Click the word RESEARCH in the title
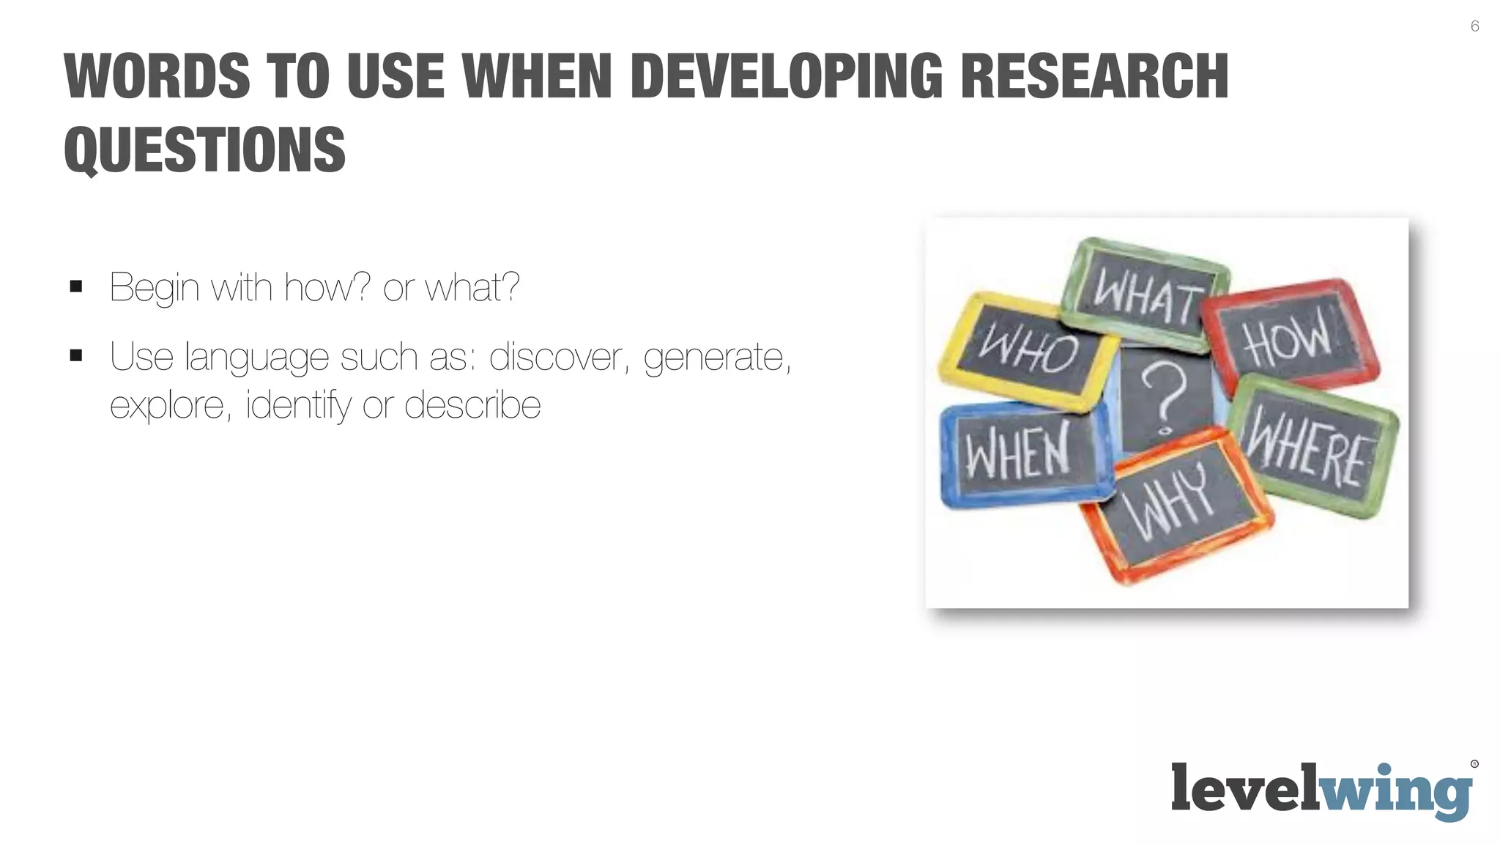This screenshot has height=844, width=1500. click(1094, 76)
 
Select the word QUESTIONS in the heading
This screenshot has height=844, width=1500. click(204, 150)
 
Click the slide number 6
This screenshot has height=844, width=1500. click(1474, 26)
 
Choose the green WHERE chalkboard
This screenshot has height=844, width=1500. click(1310, 448)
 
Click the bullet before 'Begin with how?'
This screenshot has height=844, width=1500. click(76, 286)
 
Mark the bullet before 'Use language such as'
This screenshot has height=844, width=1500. click(76, 356)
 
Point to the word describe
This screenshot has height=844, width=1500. click(472, 405)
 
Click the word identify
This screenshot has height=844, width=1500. click(299, 406)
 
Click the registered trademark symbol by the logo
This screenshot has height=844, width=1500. click(1474, 764)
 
